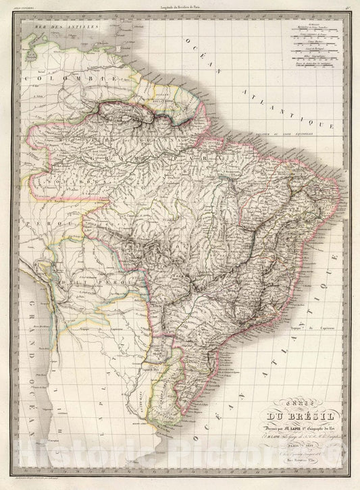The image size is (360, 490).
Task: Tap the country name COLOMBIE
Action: tap(51, 79)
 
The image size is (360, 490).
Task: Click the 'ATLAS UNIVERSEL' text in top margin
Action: tap(28, 7)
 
